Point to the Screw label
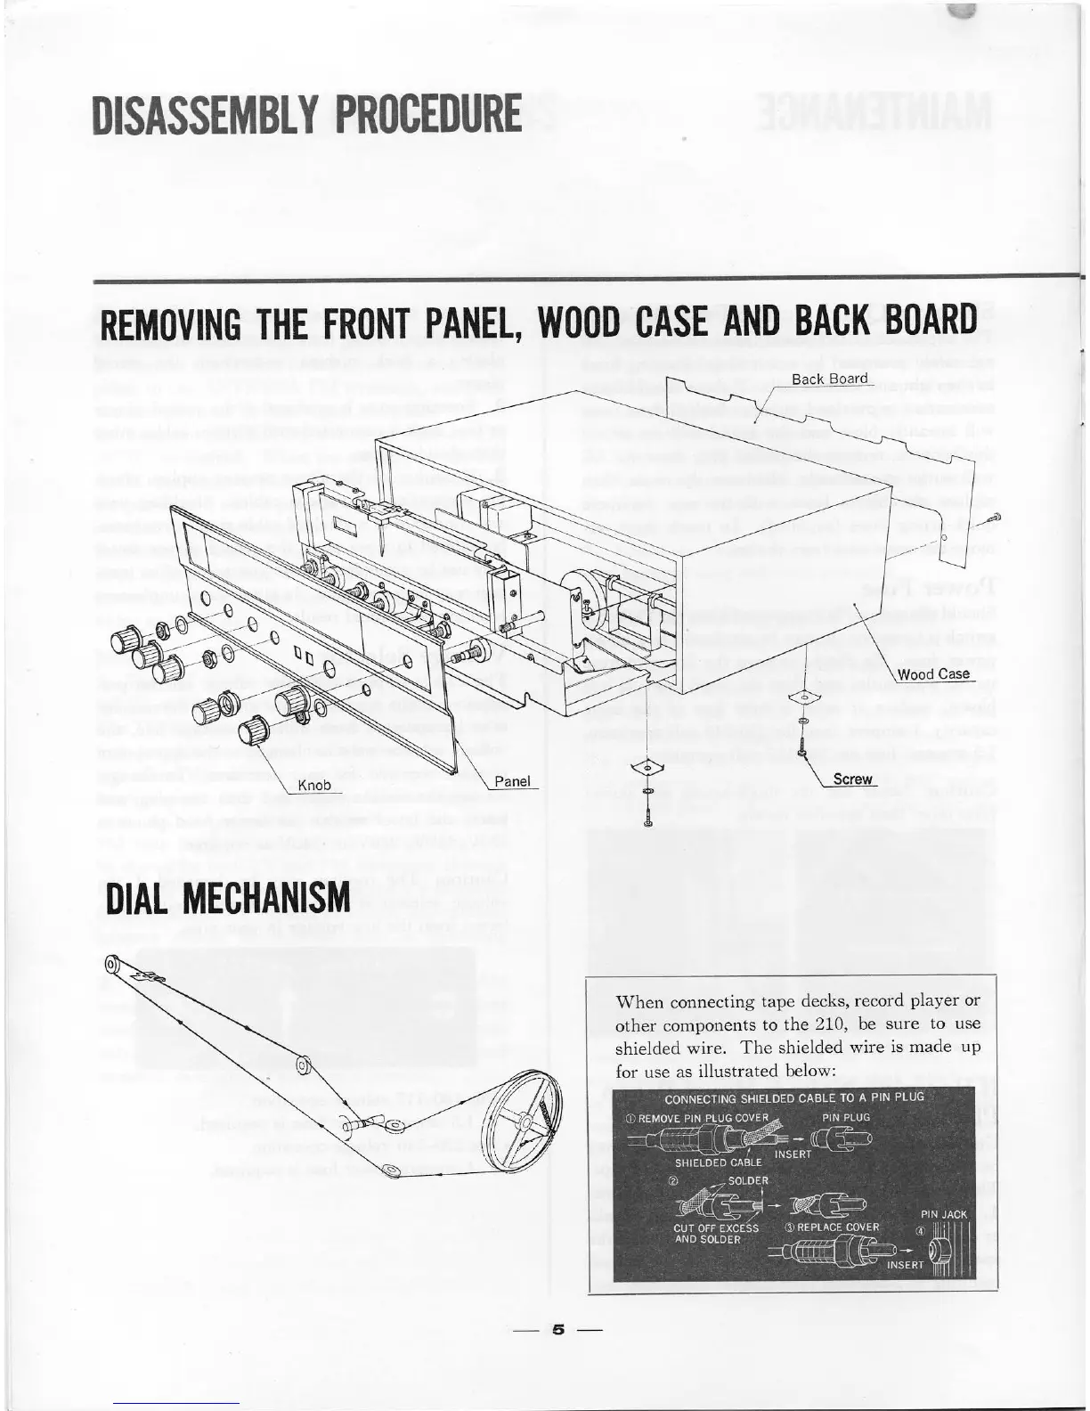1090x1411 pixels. pos(852,779)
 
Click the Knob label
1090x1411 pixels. pos(313,786)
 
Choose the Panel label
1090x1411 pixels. pos(512,781)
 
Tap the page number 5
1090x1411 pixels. pos(558,1331)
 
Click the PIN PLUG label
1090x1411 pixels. pos(846,1116)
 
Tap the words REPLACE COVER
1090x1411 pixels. pos(838,1227)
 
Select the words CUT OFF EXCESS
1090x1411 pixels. pos(716,1227)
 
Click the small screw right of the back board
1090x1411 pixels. pos(994,518)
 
